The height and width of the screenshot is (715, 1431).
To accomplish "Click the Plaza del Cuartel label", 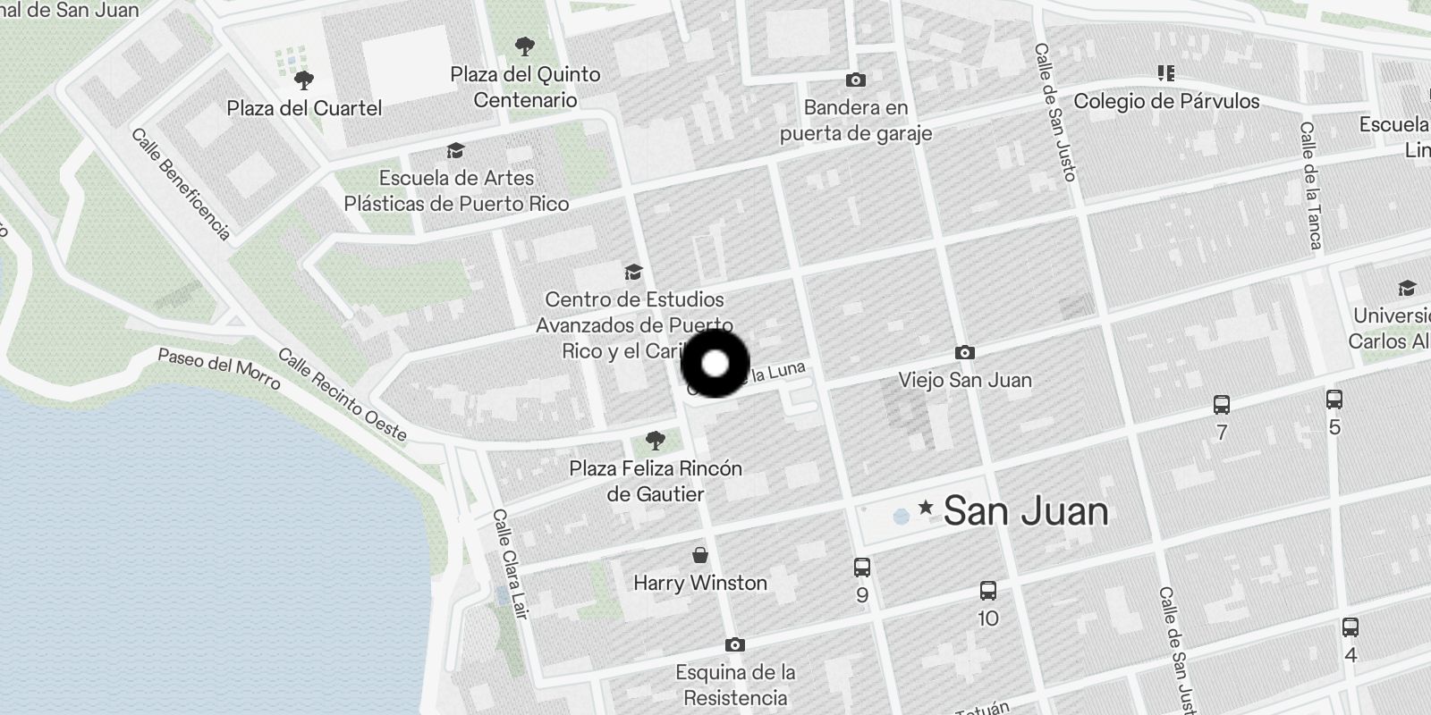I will click(x=304, y=108).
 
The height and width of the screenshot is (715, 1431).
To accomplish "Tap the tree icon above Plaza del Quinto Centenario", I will click(x=525, y=46).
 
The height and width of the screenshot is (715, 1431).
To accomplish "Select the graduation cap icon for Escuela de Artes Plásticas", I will click(x=456, y=150).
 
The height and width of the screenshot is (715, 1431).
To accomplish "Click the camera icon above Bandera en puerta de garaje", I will click(x=856, y=80).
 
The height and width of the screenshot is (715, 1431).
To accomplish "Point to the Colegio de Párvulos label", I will click(x=1166, y=101).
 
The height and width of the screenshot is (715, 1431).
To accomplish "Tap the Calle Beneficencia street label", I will click(x=181, y=184).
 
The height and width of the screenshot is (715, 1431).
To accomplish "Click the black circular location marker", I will click(x=715, y=364).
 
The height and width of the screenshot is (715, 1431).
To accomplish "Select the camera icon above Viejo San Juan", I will click(x=964, y=352).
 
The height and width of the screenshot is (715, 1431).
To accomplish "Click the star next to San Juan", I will click(x=926, y=509).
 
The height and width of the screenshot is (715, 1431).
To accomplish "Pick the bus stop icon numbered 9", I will click(x=862, y=567).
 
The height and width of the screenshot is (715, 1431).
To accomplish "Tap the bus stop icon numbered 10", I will click(x=988, y=590).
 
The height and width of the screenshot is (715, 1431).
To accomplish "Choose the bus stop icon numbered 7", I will click(x=1222, y=405).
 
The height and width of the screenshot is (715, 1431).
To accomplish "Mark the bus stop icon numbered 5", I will click(x=1334, y=399).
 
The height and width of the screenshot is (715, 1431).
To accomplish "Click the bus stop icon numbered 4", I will click(x=1351, y=627).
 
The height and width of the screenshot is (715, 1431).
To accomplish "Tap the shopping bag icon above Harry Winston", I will click(x=700, y=555).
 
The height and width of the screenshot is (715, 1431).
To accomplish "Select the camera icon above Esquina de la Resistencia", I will click(x=735, y=644).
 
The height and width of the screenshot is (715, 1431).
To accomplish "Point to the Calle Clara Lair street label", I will click(x=510, y=564).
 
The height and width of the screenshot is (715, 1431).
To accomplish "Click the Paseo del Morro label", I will click(x=219, y=368).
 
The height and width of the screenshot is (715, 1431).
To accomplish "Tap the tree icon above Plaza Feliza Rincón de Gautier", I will click(x=656, y=440).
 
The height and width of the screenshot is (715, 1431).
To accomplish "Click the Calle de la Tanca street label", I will click(x=1310, y=186).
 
